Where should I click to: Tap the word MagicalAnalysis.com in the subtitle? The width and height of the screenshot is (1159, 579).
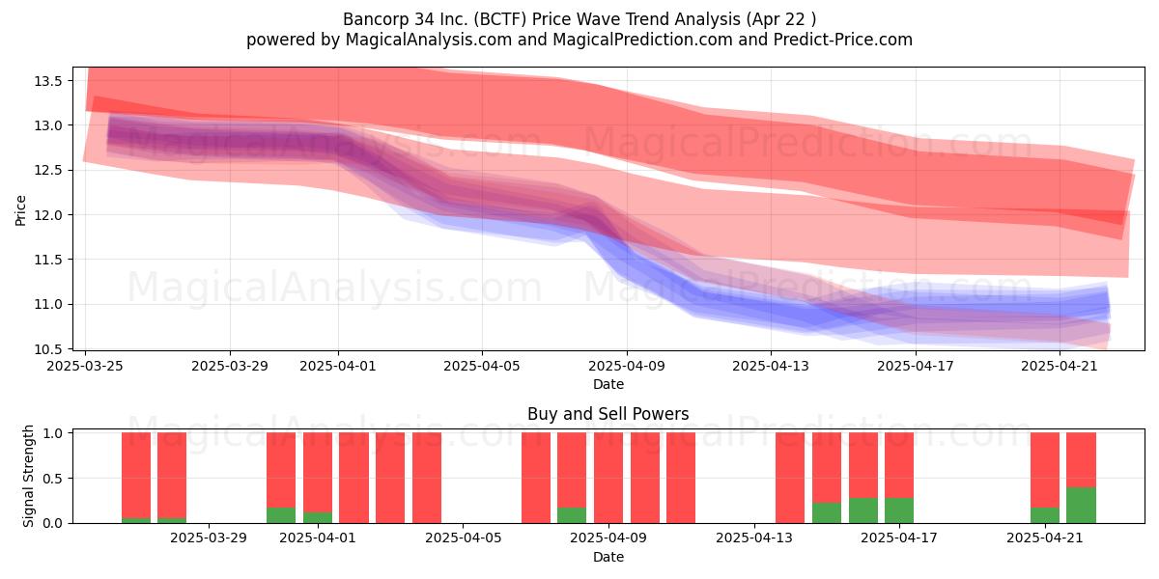point(429,40)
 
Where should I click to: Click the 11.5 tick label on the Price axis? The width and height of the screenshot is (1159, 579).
point(48,260)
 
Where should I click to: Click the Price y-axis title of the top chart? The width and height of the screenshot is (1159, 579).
point(20,210)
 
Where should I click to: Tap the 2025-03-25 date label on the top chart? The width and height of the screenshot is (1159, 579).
point(85,366)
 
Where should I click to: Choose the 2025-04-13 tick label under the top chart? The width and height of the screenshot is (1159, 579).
point(771,366)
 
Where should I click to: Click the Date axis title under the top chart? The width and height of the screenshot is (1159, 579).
point(608,385)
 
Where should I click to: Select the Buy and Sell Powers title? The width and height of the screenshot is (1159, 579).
point(608,414)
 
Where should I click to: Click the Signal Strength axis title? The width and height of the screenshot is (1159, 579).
point(28,476)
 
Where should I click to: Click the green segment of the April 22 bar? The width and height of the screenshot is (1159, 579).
point(1081,505)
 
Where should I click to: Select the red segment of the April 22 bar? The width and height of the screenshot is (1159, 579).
point(1081,459)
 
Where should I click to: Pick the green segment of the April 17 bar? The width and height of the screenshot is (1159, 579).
point(899,510)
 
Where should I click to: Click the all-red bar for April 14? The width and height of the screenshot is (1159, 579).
point(790,478)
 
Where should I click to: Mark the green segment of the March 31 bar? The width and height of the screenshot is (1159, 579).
point(281,515)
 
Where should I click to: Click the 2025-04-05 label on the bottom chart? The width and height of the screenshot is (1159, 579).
point(463,538)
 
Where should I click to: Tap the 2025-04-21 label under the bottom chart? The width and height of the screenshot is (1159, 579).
point(1045,538)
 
